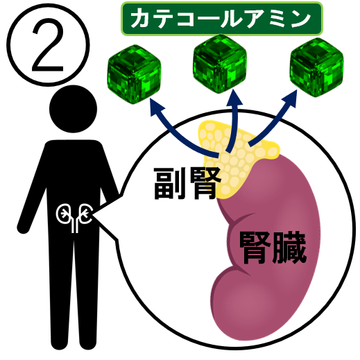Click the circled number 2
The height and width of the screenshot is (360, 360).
pos(48,45)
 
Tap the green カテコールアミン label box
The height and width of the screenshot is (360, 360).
pos(222,19)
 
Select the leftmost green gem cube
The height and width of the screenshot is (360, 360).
pos(134,74)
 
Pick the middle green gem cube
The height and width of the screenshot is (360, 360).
pos(220,65)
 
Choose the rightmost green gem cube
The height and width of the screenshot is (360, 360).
pos(316,67)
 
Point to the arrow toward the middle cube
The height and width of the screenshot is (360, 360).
pos(234,120)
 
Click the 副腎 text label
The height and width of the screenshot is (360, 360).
pos(187,183)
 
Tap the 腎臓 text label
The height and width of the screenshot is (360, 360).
pos(273,248)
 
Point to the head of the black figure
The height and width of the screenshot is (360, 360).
pos(73,109)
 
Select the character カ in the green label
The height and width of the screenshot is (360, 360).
pos(142,19)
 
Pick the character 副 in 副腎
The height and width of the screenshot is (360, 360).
pos(170,183)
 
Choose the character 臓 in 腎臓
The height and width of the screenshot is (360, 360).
pos(290,248)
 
